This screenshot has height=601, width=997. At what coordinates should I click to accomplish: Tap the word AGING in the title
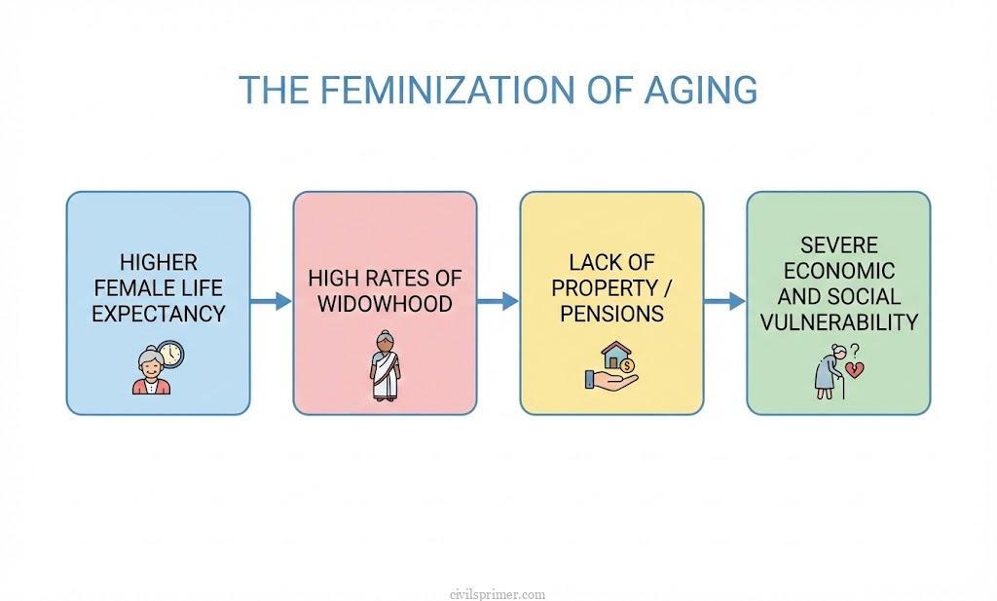[700, 89]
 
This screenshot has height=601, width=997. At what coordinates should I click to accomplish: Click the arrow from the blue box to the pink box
[272, 302]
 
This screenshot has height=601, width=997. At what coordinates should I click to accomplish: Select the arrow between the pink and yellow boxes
[498, 302]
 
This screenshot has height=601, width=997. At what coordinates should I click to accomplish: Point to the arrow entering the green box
[724, 302]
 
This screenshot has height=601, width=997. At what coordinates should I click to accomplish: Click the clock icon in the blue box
[170, 354]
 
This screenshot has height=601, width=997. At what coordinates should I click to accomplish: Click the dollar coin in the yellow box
[627, 365]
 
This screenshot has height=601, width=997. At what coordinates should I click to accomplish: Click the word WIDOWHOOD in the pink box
[385, 303]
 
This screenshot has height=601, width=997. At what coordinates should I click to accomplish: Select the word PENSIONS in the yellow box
[611, 314]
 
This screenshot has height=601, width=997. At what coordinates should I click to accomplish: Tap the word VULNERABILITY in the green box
[838, 322]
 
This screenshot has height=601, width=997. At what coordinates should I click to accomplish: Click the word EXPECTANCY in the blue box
[159, 314]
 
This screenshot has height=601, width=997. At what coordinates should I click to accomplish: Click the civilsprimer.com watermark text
[498, 593]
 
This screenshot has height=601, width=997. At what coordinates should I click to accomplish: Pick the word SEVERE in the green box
[838, 244]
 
